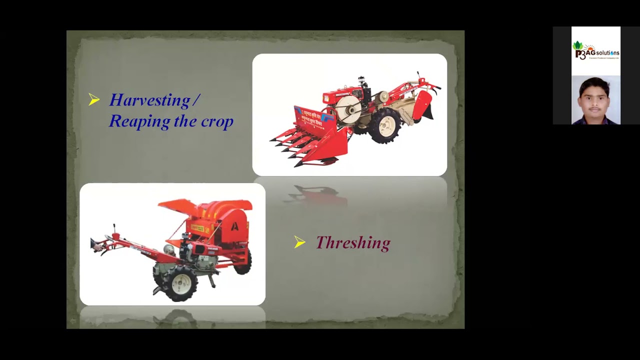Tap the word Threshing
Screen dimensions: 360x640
353,243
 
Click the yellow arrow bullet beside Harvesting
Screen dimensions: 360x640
94,100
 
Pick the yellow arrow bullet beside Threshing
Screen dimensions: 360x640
300,242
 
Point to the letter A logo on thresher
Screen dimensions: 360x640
234,226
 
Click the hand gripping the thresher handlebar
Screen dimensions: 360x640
96,245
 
